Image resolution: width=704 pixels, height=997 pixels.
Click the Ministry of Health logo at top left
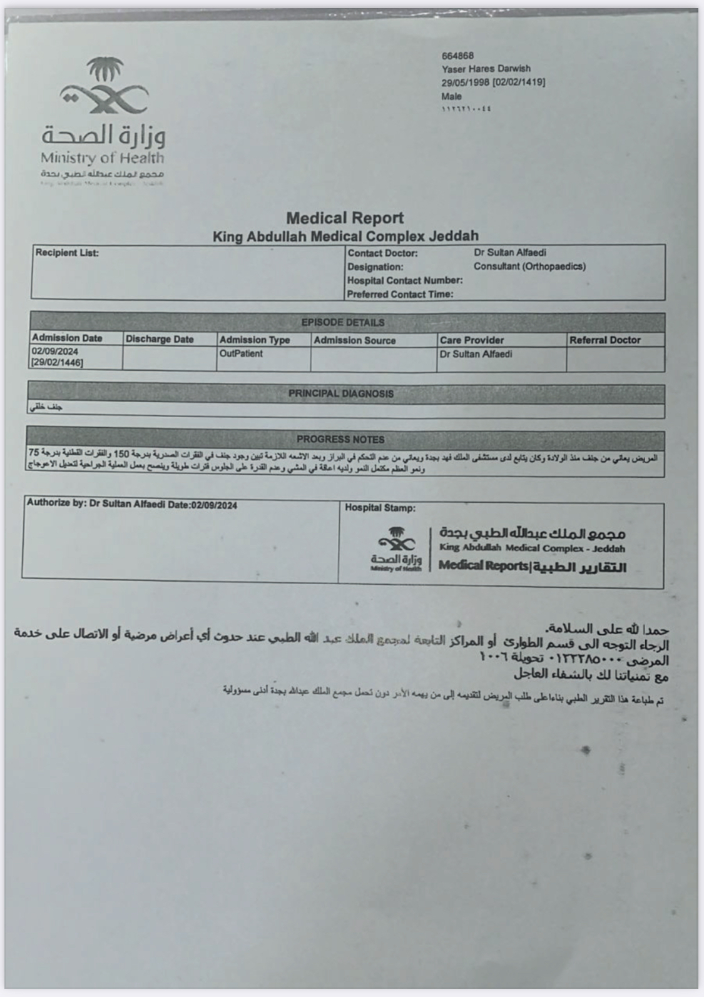[x=104, y=119]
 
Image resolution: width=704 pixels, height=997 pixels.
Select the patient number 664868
[x=457, y=56]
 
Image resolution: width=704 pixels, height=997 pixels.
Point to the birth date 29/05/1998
[x=466, y=83]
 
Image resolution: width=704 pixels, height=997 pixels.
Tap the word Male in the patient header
[x=451, y=96]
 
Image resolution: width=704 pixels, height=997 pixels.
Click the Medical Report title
[x=345, y=218]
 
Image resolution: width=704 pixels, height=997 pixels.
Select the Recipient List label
[x=67, y=253]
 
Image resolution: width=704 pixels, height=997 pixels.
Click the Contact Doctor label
[x=382, y=253]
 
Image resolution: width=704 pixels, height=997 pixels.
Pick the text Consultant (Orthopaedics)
[x=529, y=266]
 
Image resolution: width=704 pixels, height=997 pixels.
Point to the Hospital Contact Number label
[x=405, y=280]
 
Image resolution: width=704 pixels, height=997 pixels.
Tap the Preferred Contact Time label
[x=400, y=294]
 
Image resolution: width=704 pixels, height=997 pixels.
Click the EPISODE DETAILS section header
[x=343, y=323]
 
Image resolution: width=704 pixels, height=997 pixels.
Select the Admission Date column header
[x=67, y=338]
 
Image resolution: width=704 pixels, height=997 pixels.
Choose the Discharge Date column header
[x=160, y=339]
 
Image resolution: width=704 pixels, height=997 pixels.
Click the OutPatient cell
[x=241, y=353]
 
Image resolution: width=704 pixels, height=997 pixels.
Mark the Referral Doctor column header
[x=605, y=340]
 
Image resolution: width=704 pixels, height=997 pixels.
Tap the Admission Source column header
[x=355, y=340]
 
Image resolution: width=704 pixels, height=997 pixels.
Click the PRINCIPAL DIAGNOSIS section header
[x=341, y=393]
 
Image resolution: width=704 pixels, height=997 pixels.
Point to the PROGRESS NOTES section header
[x=340, y=440]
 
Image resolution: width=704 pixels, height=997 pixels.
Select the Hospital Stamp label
[x=380, y=508]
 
